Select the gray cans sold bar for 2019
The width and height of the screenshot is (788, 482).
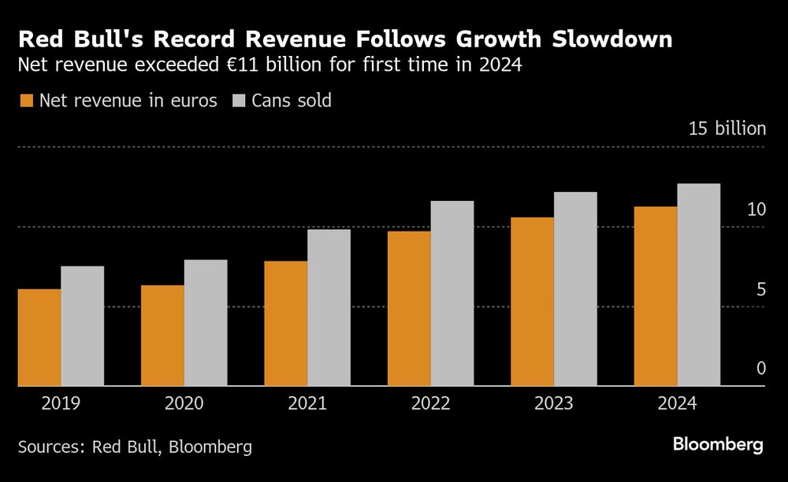click(83, 326)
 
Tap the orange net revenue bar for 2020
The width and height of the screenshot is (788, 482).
click(162, 336)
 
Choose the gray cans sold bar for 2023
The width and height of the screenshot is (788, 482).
click(575, 289)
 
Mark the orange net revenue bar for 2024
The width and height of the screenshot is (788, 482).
click(656, 296)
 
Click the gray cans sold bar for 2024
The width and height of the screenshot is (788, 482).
click(699, 284)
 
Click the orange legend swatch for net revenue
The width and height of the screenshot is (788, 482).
click(26, 101)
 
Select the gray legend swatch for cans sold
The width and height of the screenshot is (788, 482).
click(239, 101)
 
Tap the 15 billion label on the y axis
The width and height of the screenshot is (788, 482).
click(727, 129)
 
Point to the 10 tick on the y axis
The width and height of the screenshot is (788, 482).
click(756, 209)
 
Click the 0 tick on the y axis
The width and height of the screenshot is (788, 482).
click(761, 369)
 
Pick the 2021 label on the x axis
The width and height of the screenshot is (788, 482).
click(307, 404)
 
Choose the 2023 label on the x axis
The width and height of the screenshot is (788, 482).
click(554, 404)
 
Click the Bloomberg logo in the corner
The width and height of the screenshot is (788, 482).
click(718, 445)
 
